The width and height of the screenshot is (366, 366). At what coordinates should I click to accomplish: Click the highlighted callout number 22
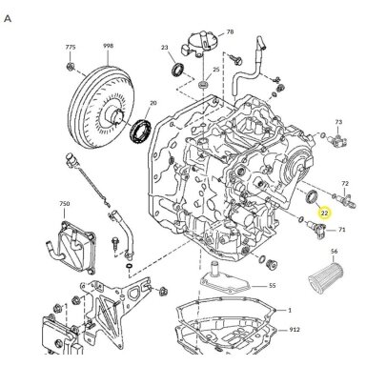tap(324, 213)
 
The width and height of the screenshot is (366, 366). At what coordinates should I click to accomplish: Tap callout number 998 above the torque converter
tap(108, 46)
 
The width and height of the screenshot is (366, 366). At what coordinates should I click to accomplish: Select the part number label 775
tap(71, 47)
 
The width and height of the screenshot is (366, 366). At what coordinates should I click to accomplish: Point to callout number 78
tap(230, 31)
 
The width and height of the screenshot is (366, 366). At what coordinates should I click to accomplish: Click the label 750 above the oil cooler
tap(65, 204)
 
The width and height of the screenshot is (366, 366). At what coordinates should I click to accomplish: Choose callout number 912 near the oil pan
tap(295, 330)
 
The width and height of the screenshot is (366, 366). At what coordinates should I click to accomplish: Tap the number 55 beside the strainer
tap(273, 286)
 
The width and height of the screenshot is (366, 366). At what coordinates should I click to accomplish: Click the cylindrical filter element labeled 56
tap(326, 279)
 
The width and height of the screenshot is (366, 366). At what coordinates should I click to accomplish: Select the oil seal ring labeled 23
tap(178, 71)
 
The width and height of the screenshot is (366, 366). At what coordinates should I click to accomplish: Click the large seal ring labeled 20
tap(141, 132)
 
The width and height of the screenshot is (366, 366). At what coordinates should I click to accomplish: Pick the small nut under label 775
tap(71, 67)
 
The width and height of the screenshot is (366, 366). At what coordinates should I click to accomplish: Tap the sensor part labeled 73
tap(338, 139)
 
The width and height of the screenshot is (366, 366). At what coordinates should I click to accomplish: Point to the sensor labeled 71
tap(316, 228)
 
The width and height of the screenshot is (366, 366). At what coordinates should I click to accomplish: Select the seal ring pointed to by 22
tap(311, 196)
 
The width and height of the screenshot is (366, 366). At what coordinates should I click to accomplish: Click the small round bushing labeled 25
tap(203, 85)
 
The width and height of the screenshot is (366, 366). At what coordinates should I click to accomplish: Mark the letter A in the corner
tap(8, 19)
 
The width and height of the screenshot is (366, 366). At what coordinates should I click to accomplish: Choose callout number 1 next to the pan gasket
tap(290, 310)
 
